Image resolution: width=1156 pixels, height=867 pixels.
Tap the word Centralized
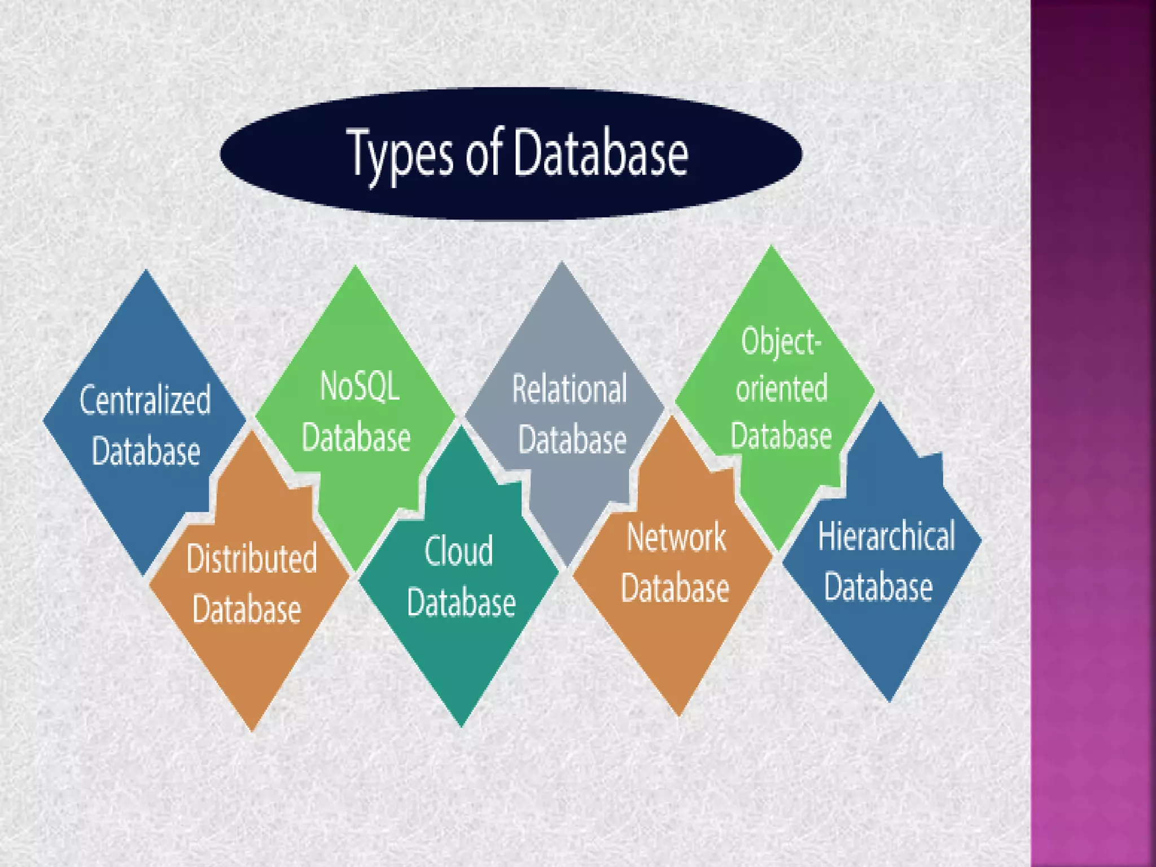pos(145,400)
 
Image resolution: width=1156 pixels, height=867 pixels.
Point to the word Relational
pos(570,389)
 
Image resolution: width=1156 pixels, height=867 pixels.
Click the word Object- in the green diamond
pos(781,341)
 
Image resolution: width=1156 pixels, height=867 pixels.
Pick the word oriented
pos(782,389)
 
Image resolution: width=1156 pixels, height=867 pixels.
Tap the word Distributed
pos(252,558)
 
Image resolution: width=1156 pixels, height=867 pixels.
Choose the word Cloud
pos(458,551)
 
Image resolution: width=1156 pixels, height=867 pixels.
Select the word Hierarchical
pos(886,536)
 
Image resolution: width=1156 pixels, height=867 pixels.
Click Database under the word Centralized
pos(146,451)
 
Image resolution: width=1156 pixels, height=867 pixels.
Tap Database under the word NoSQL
pos(356,437)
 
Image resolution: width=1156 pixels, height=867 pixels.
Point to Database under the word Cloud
pos(461,602)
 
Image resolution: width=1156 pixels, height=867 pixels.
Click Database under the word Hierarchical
pos(878,586)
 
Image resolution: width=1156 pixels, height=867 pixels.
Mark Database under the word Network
pos(675,588)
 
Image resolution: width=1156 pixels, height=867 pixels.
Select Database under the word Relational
pos(572,440)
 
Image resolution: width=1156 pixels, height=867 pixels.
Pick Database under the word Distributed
pos(247,609)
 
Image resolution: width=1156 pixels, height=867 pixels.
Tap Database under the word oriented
pos(781,436)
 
